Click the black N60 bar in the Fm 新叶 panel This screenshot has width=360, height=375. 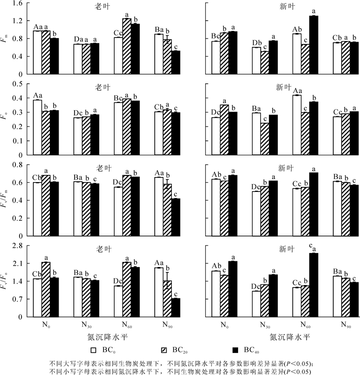tap(313, 45)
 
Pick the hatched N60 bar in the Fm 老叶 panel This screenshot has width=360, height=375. tap(127, 46)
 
